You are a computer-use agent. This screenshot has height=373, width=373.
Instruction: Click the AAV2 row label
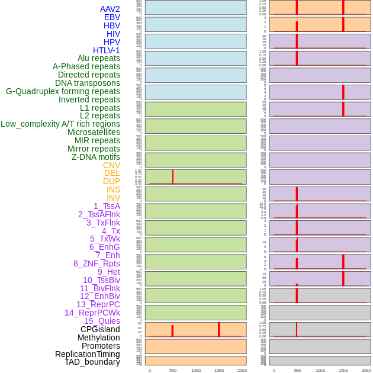tap(110, 9)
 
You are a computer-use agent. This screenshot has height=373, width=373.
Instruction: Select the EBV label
tap(112, 17)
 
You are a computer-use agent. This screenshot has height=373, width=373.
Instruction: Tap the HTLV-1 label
tap(106, 50)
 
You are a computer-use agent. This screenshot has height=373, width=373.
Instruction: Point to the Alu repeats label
tap(99, 58)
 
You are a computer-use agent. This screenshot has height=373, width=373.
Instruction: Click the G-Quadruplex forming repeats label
tap(63, 91)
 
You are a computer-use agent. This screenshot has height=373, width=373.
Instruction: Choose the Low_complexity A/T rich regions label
tap(60, 124)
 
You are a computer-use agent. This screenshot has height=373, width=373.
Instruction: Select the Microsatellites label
tap(94, 132)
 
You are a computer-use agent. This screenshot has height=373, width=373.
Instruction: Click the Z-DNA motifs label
tap(96, 157)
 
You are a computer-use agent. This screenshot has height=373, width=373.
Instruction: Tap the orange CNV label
tap(111, 165)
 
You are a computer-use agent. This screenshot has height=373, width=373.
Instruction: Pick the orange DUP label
tap(111, 181)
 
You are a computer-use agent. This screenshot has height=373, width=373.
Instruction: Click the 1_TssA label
tap(107, 206)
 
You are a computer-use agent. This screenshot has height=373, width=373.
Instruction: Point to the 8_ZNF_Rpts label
tap(97, 263)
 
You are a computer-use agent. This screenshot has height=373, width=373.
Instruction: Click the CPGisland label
tap(100, 329)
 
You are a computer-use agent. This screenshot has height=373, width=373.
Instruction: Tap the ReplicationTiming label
tap(88, 354)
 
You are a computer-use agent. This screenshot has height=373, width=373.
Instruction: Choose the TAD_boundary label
tap(92, 362)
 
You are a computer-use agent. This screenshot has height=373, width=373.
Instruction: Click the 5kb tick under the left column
tap(173, 370)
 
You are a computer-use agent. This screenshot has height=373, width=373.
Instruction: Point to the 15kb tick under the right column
tap(343, 370)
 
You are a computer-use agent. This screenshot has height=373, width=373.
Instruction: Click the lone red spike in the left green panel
tap(173, 176)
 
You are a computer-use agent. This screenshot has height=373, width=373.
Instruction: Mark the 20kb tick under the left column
tap(242, 370)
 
